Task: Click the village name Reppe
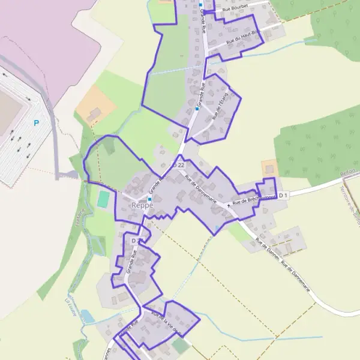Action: point(142,205)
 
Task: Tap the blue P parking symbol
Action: point(36,123)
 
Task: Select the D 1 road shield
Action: point(284,195)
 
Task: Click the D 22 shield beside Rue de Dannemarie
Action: point(178,164)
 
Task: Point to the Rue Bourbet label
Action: point(235,10)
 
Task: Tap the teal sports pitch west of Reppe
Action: point(104,199)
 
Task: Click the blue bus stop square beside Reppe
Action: point(150,199)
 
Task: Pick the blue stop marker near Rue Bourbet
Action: point(200,5)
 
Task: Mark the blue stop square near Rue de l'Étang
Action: point(197,109)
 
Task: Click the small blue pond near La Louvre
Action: point(87,316)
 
